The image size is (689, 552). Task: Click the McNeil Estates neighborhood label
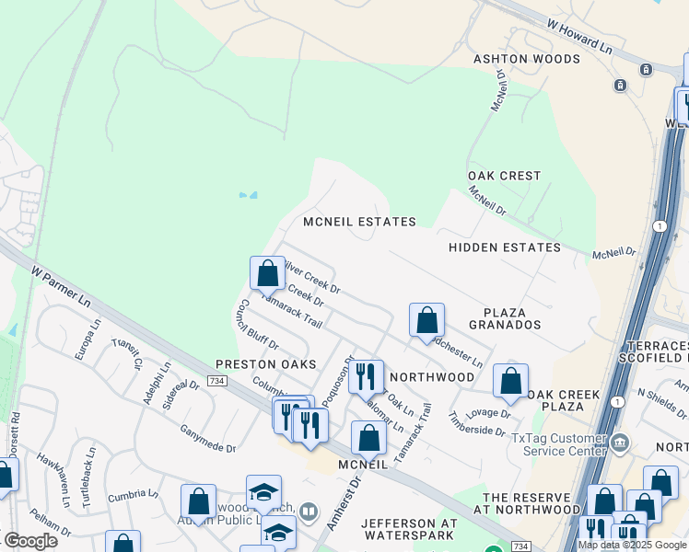tap(360, 222)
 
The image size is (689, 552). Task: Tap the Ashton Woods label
tap(526, 59)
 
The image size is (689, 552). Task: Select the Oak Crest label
tap(504, 176)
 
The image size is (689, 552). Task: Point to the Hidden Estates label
tap(504, 247)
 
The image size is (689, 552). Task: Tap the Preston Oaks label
tap(259, 364)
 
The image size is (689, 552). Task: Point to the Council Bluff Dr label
tap(258, 324)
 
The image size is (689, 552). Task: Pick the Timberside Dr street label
tap(478, 423)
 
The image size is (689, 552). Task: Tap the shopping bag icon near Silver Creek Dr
tap(267, 273)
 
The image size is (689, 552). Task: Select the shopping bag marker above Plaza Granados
tap(426, 320)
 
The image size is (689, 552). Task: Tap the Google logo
tap(31, 541)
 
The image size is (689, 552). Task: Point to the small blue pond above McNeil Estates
tap(248, 195)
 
